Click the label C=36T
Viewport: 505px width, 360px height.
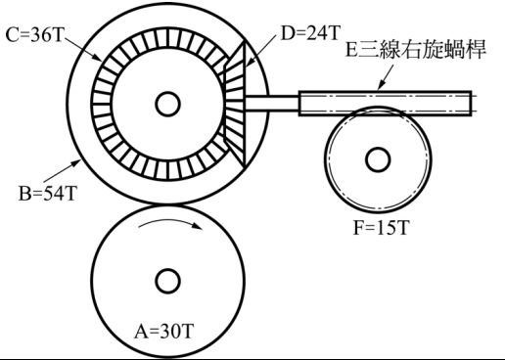[x=34, y=35]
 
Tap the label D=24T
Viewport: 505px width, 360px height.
[x=311, y=33]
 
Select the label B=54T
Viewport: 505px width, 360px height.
[x=48, y=194]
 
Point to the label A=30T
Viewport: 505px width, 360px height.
[x=164, y=332]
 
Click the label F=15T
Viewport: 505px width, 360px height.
[x=381, y=227]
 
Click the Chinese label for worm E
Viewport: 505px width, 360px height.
[x=416, y=50]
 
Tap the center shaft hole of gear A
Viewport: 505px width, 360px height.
[x=167, y=281]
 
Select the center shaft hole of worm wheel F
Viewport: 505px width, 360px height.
[x=378, y=159]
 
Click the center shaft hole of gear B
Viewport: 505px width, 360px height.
[x=167, y=105]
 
